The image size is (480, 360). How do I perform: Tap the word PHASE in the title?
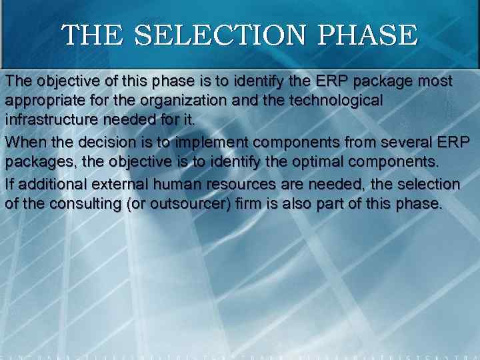365,34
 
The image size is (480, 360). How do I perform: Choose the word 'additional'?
47,183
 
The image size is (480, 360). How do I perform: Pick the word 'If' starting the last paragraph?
9,183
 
